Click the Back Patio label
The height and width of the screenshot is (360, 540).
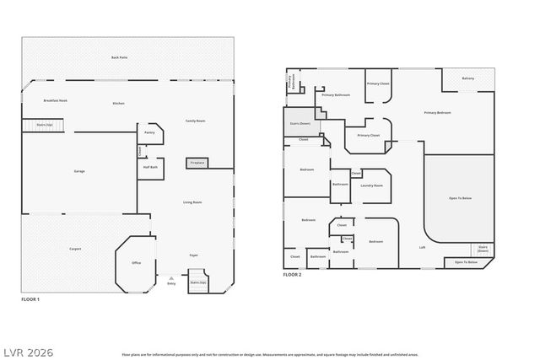(x=119, y=57)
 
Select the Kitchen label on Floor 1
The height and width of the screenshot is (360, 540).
(x=118, y=103)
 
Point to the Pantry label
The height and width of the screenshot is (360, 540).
(x=149, y=132)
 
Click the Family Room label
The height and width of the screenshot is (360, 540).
(x=195, y=121)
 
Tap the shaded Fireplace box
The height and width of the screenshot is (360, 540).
(x=197, y=162)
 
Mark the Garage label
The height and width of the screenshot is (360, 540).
(x=78, y=171)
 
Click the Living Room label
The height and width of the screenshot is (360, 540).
(x=192, y=202)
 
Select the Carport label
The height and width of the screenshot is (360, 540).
(x=75, y=249)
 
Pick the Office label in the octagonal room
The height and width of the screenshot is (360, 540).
(x=136, y=263)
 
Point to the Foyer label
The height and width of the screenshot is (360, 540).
(x=192, y=254)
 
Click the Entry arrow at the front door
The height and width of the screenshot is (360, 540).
(x=171, y=279)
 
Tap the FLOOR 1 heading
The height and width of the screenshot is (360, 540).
(x=30, y=298)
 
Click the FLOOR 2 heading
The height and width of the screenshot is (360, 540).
(x=292, y=275)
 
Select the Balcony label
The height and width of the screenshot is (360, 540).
(x=467, y=78)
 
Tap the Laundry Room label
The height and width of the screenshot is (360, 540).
(x=371, y=185)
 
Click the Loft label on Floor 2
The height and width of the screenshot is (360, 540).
(x=422, y=247)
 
